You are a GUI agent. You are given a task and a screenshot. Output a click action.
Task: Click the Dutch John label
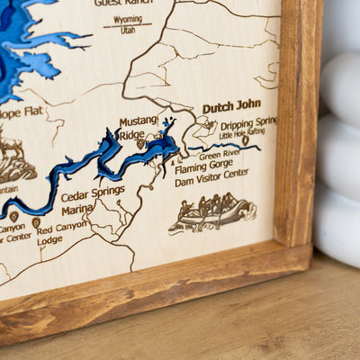pos(231,107)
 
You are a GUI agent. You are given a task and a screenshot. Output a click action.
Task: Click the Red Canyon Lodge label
pos(63,233)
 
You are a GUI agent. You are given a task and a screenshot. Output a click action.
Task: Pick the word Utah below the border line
pos(128,31)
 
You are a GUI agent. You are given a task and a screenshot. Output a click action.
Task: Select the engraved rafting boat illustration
pos(212,212)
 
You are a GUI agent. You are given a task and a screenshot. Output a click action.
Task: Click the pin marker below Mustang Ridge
pos(140,143)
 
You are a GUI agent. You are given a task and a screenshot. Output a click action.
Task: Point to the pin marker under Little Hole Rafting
pos(245,140)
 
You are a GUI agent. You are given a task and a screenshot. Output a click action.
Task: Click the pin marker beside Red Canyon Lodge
pos(36,222)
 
